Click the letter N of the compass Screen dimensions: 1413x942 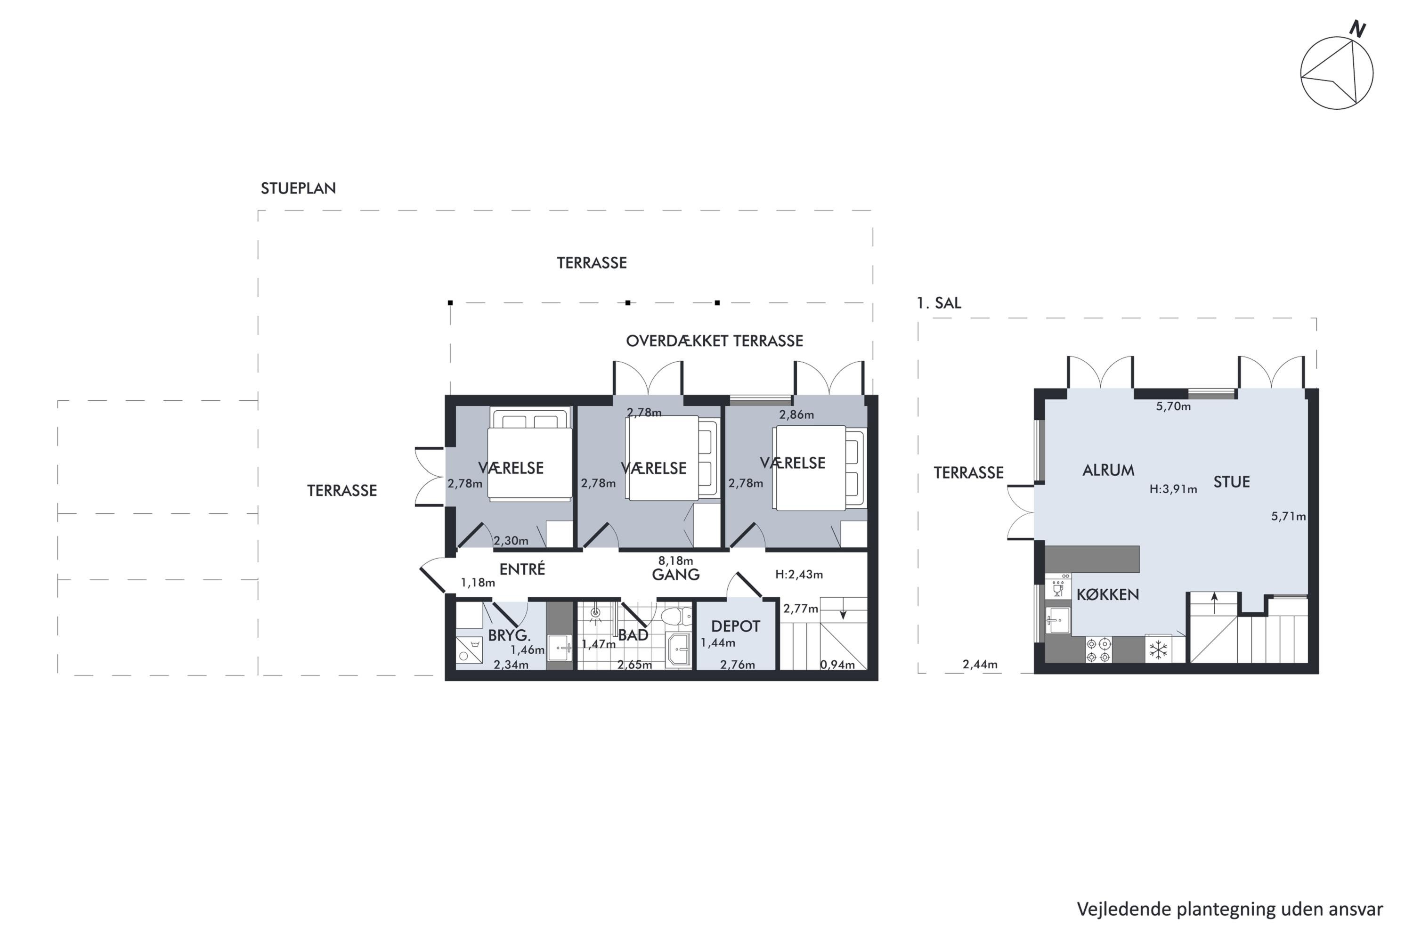click(1357, 29)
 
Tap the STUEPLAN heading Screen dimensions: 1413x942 click(298, 188)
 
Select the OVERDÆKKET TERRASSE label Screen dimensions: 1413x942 click(715, 341)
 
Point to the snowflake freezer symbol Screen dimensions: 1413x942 click(1158, 650)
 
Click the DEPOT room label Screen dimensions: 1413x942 click(735, 626)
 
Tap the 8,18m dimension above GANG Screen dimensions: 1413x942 click(675, 560)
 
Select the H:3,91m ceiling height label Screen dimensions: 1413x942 click(1173, 489)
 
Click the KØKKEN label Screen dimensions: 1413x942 click(1108, 595)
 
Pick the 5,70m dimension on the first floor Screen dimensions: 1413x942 click(1173, 406)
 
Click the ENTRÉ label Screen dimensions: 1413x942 click(522, 568)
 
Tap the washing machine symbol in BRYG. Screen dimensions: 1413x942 click(469, 650)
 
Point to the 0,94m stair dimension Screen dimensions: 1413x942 click(837, 665)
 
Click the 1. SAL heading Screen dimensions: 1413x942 click(938, 303)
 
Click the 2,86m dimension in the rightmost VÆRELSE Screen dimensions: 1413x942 click(796, 414)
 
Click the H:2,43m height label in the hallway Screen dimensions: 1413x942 click(799, 574)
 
